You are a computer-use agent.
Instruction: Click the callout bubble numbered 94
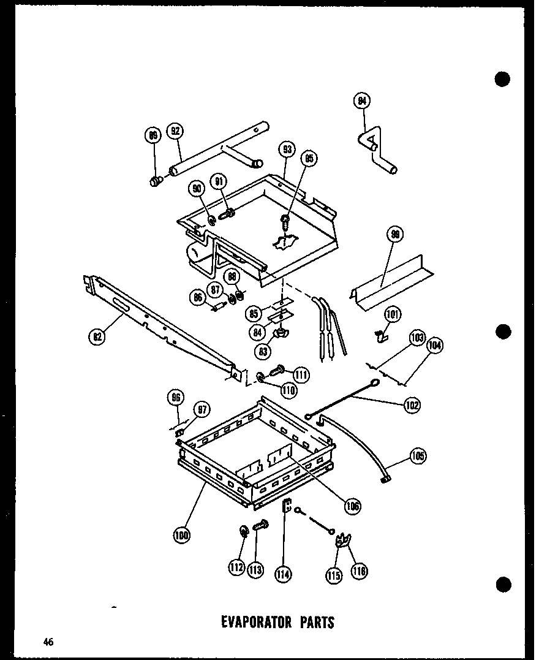tap(363, 101)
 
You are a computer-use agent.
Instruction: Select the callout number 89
tap(153, 136)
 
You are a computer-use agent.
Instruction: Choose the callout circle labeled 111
tap(301, 375)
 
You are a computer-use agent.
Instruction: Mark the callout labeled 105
tap(418, 457)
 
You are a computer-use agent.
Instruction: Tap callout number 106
tap(352, 506)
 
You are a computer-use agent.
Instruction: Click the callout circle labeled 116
tap(359, 571)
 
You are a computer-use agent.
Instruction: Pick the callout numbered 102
tap(412, 404)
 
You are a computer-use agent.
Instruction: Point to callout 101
tap(393, 316)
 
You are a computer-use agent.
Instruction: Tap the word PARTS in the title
tap(317, 622)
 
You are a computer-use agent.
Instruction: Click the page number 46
tap(48, 642)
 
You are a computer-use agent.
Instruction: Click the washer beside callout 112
tap(243, 531)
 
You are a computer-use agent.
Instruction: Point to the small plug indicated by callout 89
tap(155, 180)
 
